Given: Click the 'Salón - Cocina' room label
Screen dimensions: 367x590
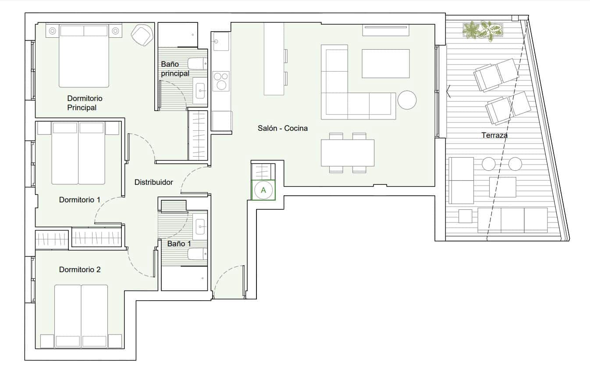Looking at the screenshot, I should pyautogui.click(x=282, y=129).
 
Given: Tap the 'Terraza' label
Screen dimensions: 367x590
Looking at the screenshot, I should pyautogui.click(x=494, y=135).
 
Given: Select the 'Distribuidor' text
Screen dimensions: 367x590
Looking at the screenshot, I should pyautogui.click(x=153, y=182).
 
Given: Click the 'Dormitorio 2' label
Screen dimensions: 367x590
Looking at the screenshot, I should pyautogui.click(x=80, y=270).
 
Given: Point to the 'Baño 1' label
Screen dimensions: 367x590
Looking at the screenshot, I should pyautogui.click(x=179, y=243).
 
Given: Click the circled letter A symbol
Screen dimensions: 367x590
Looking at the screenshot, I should pyautogui.click(x=263, y=190).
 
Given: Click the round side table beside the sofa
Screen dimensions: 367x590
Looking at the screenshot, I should pyautogui.click(x=407, y=100).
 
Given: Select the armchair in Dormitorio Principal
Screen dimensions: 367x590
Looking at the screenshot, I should pyautogui.click(x=142, y=34).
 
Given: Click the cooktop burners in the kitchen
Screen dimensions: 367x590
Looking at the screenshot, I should pyautogui.click(x=221, y=81).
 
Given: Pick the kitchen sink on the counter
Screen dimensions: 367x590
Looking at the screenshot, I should pyautogui.click(x=221, y=42).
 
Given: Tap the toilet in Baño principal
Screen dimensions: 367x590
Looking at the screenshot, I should pyautogui.click(x=198, y=64).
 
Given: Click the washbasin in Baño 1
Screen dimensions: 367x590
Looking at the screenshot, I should pyautogui.click(x=200, y=227).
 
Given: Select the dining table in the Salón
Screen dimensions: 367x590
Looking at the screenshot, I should pyautogui.click(x=348, y=152).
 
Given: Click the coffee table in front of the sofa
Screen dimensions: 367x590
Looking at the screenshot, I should pyautogui.click(x=385, y=64).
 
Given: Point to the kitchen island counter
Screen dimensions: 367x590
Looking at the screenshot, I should pyautogui.click(x=274, y=59).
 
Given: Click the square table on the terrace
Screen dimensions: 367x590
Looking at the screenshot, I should pyautogui.click(x=502, y=187).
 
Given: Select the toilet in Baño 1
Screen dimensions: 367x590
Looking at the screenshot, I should pyautogui.click(x=197, y=254).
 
